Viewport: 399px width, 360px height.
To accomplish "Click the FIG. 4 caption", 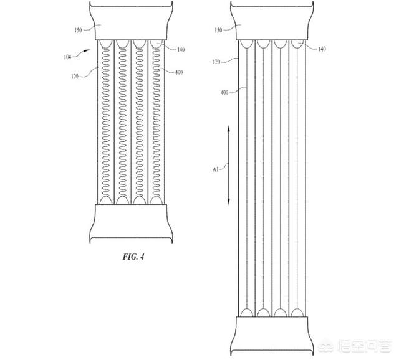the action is pos(133,257).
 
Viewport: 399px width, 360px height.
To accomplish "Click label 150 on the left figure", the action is pos(78,31).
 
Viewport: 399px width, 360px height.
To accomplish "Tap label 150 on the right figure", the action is pos(218,31).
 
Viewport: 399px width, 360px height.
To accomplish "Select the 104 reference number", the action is pos(67,57).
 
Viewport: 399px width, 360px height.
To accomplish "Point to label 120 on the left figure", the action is pos(75,76).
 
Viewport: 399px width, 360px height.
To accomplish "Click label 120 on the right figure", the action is pos(216,62).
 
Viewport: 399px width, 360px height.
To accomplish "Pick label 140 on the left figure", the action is pos(181,49).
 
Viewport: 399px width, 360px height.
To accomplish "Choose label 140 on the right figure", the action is pos(322,49).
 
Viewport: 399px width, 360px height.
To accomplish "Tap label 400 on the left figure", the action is pos(179,72).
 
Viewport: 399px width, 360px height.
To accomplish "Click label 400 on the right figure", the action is pos(224,92).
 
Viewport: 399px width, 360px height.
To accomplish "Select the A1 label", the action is pos(216,169).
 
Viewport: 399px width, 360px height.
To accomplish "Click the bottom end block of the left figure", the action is pos(131,224).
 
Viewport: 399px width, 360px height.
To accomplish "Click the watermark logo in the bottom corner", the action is pos(355,346).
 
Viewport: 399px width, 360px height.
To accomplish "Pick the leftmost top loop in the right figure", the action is pos(247,44).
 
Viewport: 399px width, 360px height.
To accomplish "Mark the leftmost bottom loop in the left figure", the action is pos(106,200).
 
